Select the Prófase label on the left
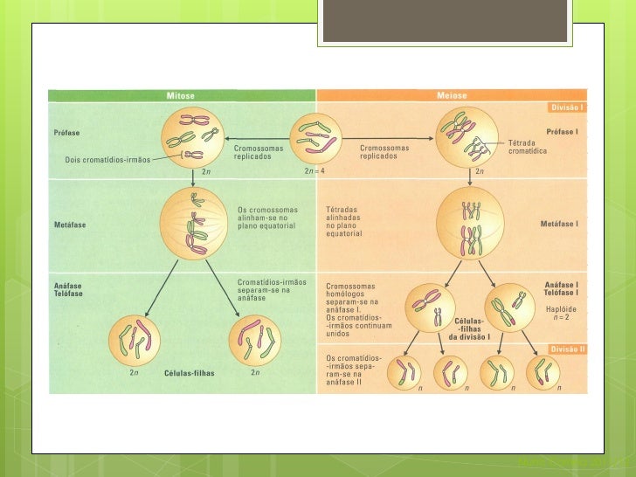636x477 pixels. [x=67, y=133]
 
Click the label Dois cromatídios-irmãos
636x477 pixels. [x=107, y=160]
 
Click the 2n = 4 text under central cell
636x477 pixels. [x=315, y=171]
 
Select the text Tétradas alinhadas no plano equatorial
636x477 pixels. [x=349, y=222]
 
